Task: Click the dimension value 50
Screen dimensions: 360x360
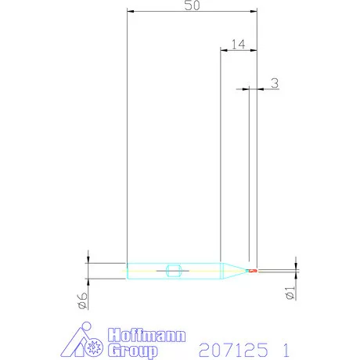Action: pyautogui.click(x=193, y=5)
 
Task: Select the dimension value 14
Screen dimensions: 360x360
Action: pyautogui.click(x=239, y=45)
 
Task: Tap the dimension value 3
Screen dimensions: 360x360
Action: pyautogui.click(x=275, y=83)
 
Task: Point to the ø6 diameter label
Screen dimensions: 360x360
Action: pyautogui.click(x=83, y=301)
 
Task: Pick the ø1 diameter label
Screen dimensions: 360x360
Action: pyautogui.click(x=290, y=293)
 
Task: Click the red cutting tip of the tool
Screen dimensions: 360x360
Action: pyautogui.click(x=253, y=271)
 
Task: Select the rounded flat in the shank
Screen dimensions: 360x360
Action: pyautogui.click(x=174, y=271)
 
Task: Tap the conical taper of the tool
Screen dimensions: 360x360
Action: pyautogui.click(x=235, y=271)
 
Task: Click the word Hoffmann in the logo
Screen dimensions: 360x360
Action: pyautogui.click(x=146, y=335)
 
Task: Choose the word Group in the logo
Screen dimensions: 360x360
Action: pyautogui.click(x=133, y=351)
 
